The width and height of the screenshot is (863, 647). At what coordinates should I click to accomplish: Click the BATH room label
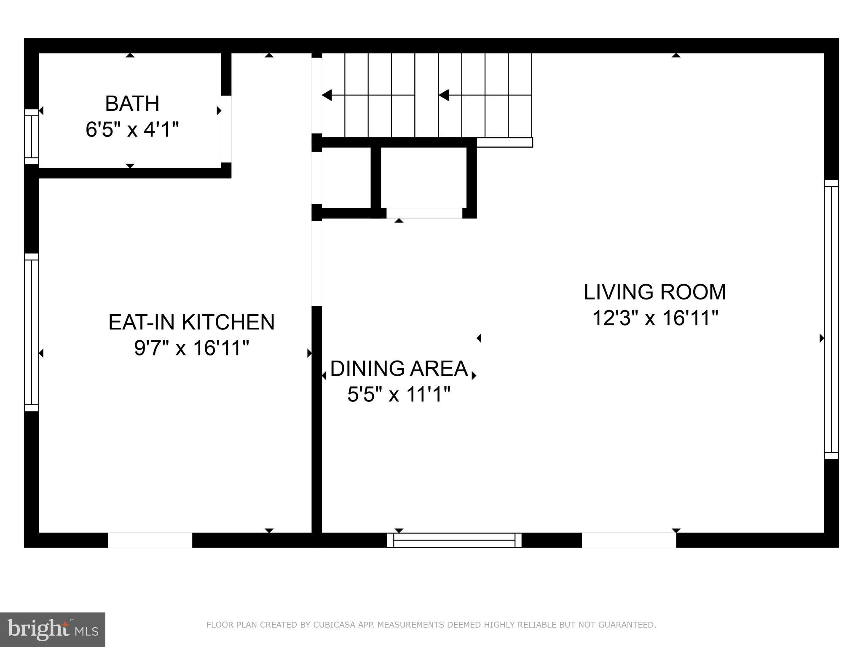pos(132,104)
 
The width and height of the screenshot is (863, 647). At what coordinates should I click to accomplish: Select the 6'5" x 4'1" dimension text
pos(132,129)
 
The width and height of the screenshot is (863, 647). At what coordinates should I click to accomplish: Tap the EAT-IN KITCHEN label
pos(191,322)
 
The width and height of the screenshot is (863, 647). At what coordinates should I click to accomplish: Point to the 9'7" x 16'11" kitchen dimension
pos(192,348)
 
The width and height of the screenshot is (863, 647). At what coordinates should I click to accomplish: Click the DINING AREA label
pos(399,369)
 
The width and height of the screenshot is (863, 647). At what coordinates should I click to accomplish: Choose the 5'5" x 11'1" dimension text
pos(399,395)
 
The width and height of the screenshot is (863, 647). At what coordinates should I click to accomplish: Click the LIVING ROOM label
pos(654,292)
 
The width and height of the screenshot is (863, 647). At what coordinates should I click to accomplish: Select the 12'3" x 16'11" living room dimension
pos(655,318)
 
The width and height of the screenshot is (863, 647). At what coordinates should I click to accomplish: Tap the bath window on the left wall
pos(31,136)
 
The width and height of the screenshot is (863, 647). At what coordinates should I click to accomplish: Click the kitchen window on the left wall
pos(31,332)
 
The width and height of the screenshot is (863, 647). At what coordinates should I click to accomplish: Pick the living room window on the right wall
pos(831,319)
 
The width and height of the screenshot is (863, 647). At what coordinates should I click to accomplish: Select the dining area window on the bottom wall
pos(454,540)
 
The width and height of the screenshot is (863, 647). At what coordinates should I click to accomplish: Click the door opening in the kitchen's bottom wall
pos(150,540)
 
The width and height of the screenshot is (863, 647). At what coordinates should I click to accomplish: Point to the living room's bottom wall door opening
pos(629,540)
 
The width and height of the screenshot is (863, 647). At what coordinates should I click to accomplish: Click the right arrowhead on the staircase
pos(444,95)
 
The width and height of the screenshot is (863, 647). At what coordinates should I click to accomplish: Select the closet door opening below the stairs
pos(424,213)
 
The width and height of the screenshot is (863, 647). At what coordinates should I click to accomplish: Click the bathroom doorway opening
pos(226,129)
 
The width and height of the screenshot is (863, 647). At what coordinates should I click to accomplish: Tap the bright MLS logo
pos(52,629)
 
